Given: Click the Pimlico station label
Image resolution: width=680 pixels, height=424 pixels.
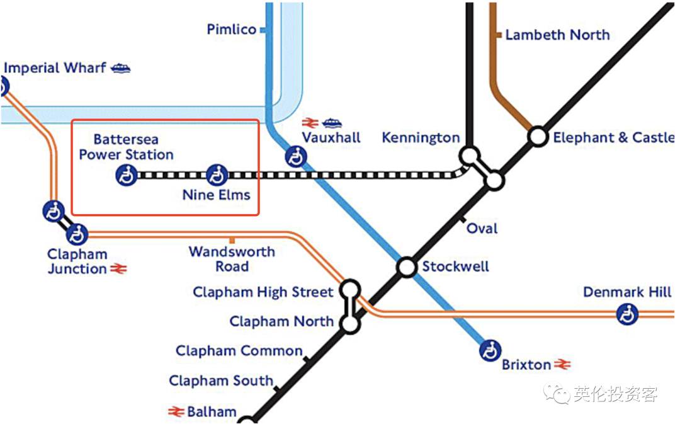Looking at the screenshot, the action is coord(232,30).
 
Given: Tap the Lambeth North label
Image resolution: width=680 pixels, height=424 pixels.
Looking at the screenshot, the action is coord(557,35).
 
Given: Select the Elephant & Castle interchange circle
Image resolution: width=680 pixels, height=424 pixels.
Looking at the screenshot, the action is coord(538,137).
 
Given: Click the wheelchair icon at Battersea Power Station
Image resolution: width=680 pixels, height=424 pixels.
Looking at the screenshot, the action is coord(126,176).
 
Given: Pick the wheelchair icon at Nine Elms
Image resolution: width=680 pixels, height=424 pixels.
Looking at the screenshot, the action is coord(217,175).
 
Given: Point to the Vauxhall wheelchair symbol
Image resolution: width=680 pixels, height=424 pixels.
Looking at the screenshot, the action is coord(296,157).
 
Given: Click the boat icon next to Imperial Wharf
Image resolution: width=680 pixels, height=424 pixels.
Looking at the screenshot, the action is coord(120,68).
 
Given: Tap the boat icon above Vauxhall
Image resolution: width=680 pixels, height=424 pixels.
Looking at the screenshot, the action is coord(332,123).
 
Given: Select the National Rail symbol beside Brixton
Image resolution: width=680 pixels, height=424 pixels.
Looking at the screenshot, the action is coord(562,364).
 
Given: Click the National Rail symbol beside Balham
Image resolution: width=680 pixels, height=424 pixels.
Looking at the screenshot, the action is coord(176,411).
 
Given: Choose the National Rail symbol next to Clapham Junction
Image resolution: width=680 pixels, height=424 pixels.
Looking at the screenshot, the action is coord(118,268).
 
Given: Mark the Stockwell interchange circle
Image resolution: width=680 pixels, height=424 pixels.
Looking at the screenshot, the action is coord(407,267).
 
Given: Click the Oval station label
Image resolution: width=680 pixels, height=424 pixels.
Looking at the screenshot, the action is coord(482,228).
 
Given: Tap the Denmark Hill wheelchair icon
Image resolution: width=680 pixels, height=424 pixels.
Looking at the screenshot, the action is coord(627,314).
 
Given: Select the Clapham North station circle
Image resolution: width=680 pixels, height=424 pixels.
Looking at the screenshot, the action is coord(350,323).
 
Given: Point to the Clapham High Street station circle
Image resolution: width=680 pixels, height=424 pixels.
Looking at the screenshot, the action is coord(350,289).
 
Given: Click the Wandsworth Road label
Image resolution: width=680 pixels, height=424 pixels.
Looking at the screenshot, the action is coord(232,259).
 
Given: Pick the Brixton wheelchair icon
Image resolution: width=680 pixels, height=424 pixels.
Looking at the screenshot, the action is coord(490,350).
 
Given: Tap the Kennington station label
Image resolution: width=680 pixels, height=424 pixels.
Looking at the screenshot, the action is coord(421,137).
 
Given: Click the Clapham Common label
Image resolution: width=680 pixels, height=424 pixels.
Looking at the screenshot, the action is coord(239,351).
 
